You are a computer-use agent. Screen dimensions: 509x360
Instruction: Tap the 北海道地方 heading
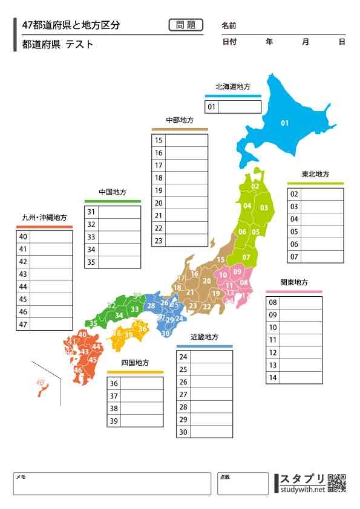point(233,87)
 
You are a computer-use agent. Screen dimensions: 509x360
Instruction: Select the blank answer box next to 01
point(240,107)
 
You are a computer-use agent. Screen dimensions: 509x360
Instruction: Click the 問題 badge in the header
point(186,25)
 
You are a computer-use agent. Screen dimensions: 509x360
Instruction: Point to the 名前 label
point(229,26)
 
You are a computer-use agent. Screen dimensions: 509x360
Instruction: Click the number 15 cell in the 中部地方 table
point(159,140)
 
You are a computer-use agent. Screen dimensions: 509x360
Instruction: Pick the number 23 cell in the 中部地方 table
point(159,241)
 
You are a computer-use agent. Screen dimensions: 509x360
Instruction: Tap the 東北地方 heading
point(315,174)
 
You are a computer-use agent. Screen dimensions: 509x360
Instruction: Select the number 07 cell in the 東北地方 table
point(294,257)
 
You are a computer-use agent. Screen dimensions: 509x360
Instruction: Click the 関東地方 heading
point(293,283)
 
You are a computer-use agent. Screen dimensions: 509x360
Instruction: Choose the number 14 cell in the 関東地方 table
point(273,378)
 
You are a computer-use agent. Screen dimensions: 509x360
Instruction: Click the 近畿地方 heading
point(205,337)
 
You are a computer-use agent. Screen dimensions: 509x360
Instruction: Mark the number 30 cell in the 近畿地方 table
point(183,432)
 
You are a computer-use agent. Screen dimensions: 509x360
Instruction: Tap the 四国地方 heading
point(135,363)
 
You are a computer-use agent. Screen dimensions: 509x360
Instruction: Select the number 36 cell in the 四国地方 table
point(114,383)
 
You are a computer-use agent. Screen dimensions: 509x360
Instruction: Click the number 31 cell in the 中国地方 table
point(91,212)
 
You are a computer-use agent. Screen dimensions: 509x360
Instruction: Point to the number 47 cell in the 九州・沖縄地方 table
point(23,325)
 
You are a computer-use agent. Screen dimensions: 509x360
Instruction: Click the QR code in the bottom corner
point(336,484)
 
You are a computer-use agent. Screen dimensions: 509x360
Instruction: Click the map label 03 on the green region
point(264,207)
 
